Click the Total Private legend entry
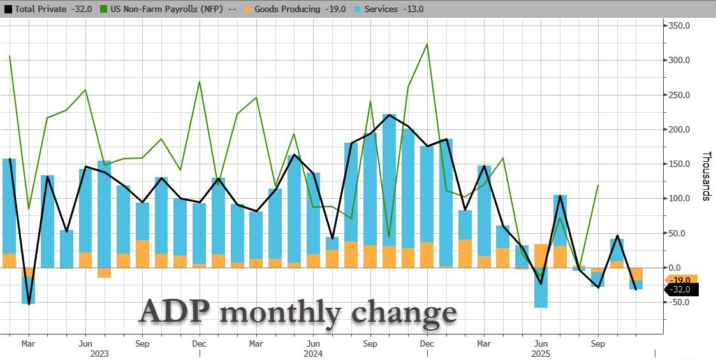(47, 9)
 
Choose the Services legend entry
(395, 9)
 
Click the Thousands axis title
(706, 176)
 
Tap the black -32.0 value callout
(682, 289)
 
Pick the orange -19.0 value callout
(682, 279)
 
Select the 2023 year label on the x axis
(99, 353)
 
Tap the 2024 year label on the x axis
(313, 353)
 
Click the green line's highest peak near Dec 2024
(427, 44)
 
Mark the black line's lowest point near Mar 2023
(28, 305)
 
